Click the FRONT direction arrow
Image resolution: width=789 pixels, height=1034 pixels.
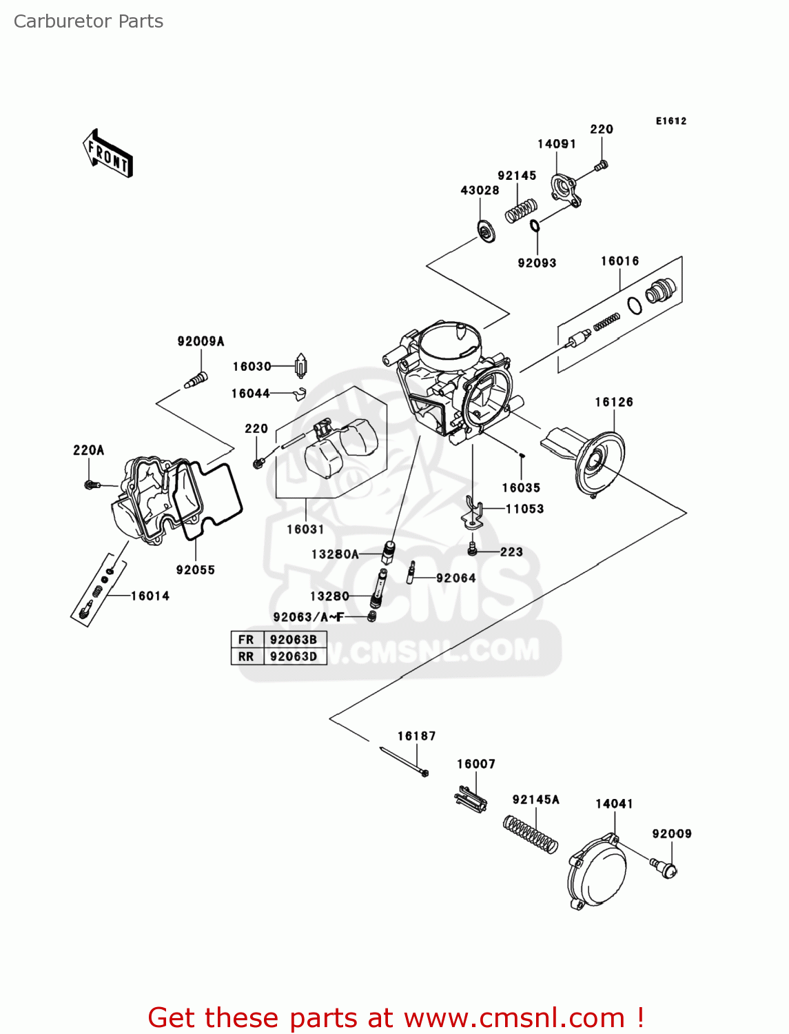coord(107,154)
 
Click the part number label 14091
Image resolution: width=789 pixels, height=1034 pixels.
coord(556,144)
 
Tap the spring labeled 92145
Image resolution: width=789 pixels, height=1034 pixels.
coord(521,211)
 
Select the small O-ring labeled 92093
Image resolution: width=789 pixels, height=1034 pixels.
coord(535,225)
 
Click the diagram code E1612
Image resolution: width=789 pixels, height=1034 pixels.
coord(670,121)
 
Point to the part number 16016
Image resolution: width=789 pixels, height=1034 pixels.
coord(619,261)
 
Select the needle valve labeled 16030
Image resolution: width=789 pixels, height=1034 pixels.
coord(300,366)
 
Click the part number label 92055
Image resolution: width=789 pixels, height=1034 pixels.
coord(195,570)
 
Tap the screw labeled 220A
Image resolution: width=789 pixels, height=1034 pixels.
coord(92,485)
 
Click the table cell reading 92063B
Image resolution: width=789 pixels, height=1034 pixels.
coord(293,640)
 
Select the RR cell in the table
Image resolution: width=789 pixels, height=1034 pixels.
coord(246,656)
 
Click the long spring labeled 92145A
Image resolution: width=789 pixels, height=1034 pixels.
coord(530,835)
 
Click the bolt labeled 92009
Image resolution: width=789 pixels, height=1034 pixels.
coord(666,868)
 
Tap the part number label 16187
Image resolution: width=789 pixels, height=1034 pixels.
coord(416,736)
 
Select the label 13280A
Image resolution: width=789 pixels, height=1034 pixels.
coord(335,554)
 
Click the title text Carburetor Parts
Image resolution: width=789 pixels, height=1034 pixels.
coord(88,21)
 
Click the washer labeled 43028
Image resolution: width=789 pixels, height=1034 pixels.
coord(487,232)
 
